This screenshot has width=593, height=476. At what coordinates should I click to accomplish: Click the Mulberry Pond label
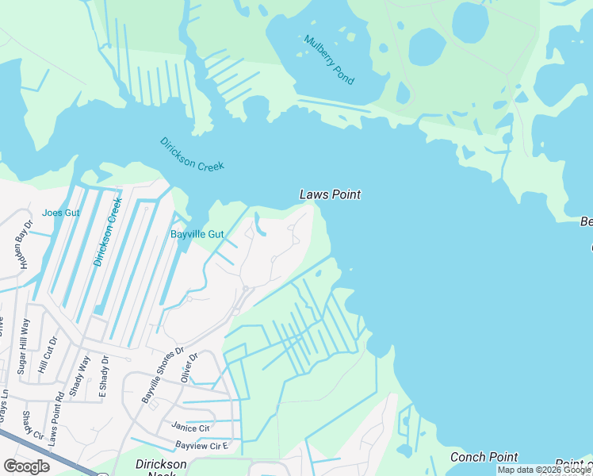(328, 60)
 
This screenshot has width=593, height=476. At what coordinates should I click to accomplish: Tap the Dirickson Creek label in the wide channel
(192, 154)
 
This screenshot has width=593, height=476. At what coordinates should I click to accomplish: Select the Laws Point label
(330, 194)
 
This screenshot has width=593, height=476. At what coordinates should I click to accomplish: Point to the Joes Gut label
(62, 213)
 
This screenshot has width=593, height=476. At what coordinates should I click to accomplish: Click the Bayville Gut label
(197, 234)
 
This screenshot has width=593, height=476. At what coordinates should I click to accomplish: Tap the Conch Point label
(484, 457)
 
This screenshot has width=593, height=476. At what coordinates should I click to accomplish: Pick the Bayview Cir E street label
(202, 446)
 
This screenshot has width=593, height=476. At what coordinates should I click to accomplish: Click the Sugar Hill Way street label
(25, 345)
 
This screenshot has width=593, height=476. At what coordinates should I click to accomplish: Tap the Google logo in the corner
(27, 466)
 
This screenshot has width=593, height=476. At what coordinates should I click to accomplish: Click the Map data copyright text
(544, 470)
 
